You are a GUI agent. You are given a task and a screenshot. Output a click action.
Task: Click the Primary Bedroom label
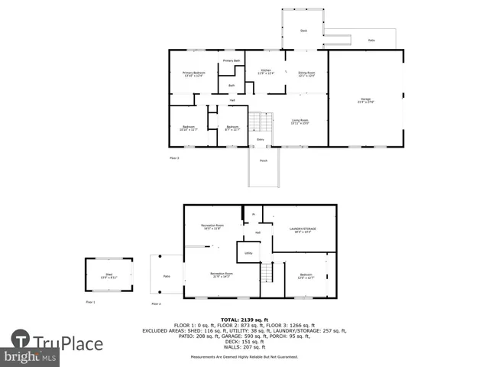(x=193, y=74)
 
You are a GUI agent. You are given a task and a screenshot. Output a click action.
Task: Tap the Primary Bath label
(x=232, y=60)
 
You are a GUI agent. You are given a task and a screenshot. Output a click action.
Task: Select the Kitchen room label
(x=264, y=73)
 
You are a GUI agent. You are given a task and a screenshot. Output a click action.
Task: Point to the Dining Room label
(x=306, y=74)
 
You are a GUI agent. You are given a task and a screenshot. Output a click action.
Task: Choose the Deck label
(x=303, y=31)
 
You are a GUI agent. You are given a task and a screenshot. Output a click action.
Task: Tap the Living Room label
(x=299, y=122)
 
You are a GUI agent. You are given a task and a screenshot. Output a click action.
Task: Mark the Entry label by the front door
(x=260, y=140)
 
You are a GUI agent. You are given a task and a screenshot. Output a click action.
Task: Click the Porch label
(x=264, y=161)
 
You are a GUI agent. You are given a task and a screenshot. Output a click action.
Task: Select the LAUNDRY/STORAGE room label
(x=303, y=229)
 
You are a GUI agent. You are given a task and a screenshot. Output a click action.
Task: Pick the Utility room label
(x=248, y=252)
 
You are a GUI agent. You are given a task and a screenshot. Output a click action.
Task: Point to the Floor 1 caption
(x=90, y=303)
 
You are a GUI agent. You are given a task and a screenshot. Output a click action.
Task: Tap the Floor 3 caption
(x=174, y=158)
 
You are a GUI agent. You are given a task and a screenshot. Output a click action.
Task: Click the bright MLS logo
(x=31, y=357)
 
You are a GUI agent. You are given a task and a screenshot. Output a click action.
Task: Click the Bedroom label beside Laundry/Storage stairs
(x=306, y=275)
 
